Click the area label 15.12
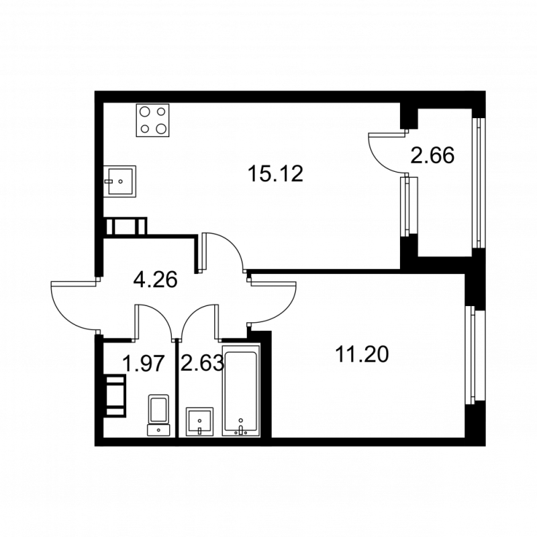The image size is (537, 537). (x=275, y=175)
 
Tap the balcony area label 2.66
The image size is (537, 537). (x=433, y=156)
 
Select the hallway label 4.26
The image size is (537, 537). (x=155, y=279)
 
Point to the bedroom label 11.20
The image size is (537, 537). (x=362, y=353)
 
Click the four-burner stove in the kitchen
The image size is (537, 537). (x=152, y=120)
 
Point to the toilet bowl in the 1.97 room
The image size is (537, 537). (x=158, y=413)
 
